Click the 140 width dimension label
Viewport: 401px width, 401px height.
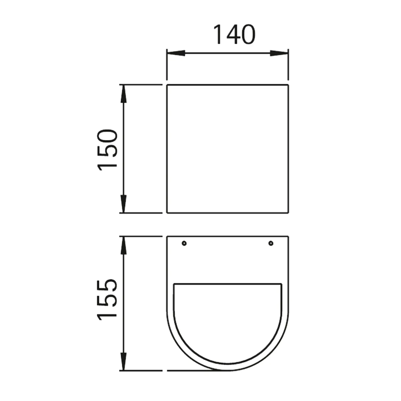pyautogui.click(x=234, y=35)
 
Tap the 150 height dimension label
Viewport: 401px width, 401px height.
pyautogui.click(x=108, y=150)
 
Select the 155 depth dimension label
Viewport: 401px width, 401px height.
pyautogui.click(x=108, y=299)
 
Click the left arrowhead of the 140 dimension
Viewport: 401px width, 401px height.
pyautogui.click(x=176, y=53)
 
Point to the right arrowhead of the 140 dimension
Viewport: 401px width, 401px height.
pyautogui.click(x=279, y=53)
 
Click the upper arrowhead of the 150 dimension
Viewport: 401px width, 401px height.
pyautogui.click(x=123, y=94)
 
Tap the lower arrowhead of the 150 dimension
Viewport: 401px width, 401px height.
pyautogui.click(x=123, y=204)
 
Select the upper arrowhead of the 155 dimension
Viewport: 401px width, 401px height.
pyautogui.click(x=123, y=245)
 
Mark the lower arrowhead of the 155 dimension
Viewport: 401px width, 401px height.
pyautogui.click(x=123, y=361)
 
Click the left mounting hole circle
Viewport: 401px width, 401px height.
pyautogui.click(x=184, y=243)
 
